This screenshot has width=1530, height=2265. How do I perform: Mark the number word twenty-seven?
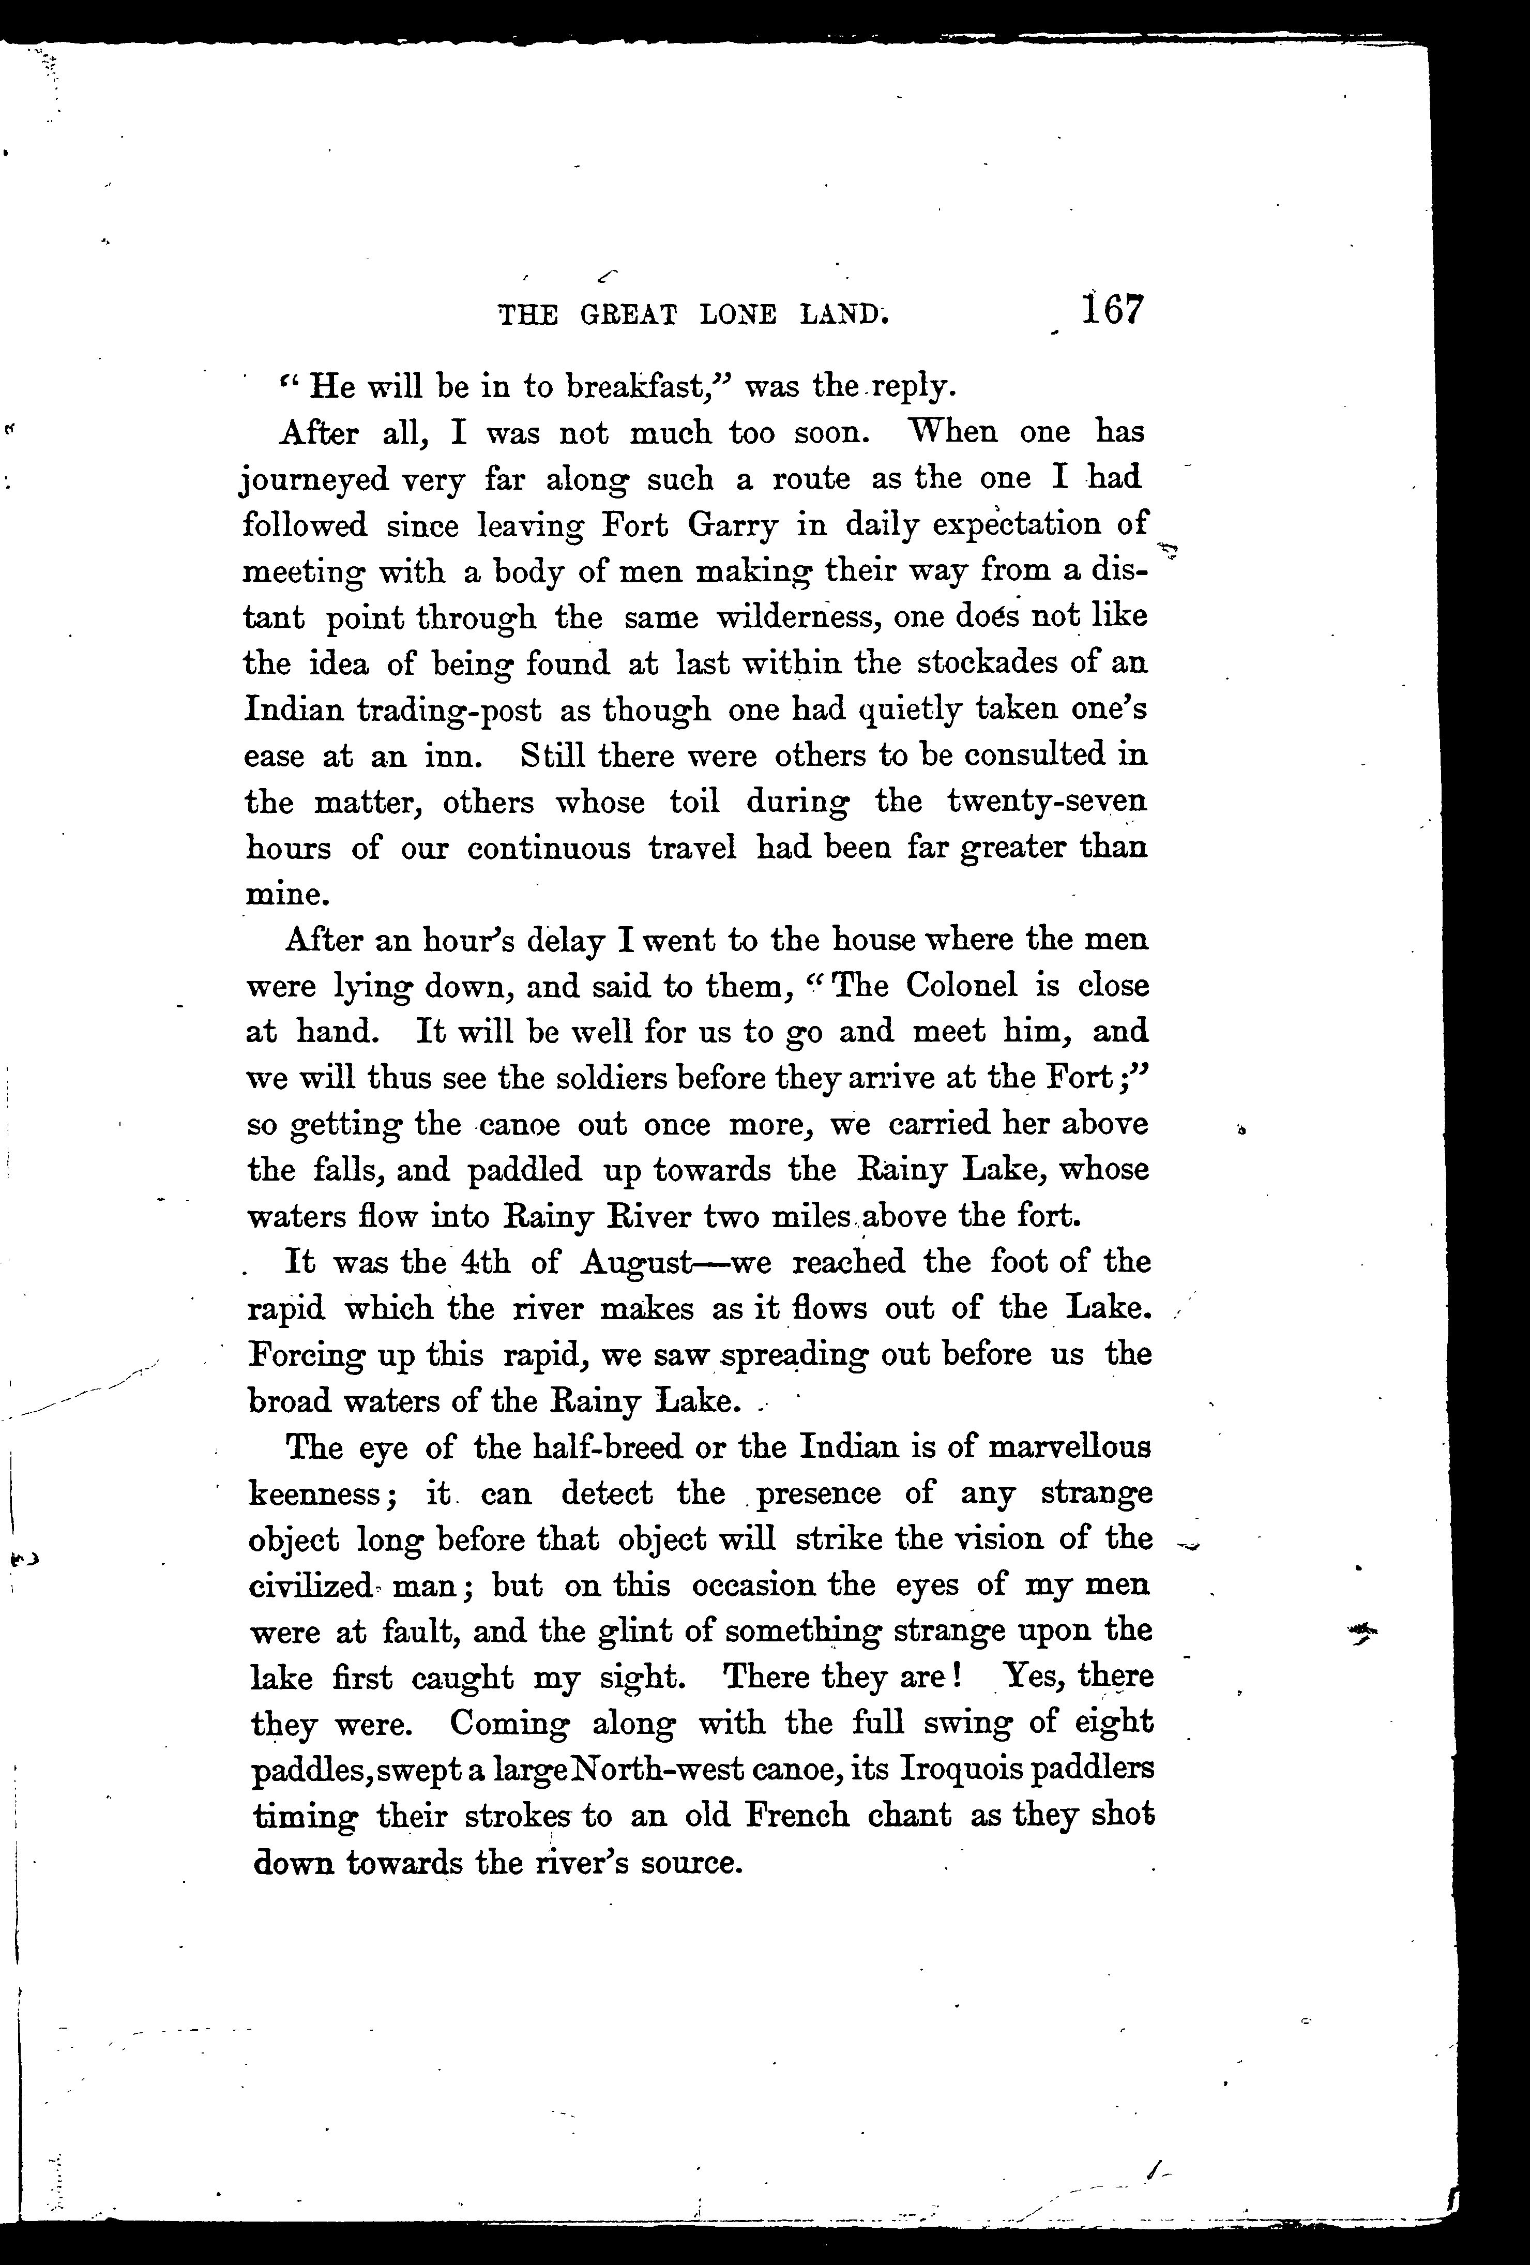pyautogui.click(x=1047, y=802)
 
